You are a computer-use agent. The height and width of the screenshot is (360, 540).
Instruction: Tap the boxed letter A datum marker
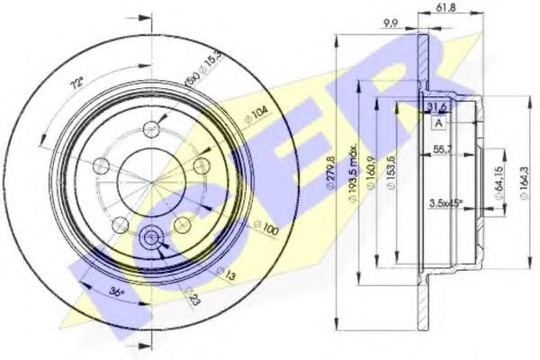438,122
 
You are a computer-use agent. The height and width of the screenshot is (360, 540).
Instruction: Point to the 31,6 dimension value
438,107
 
